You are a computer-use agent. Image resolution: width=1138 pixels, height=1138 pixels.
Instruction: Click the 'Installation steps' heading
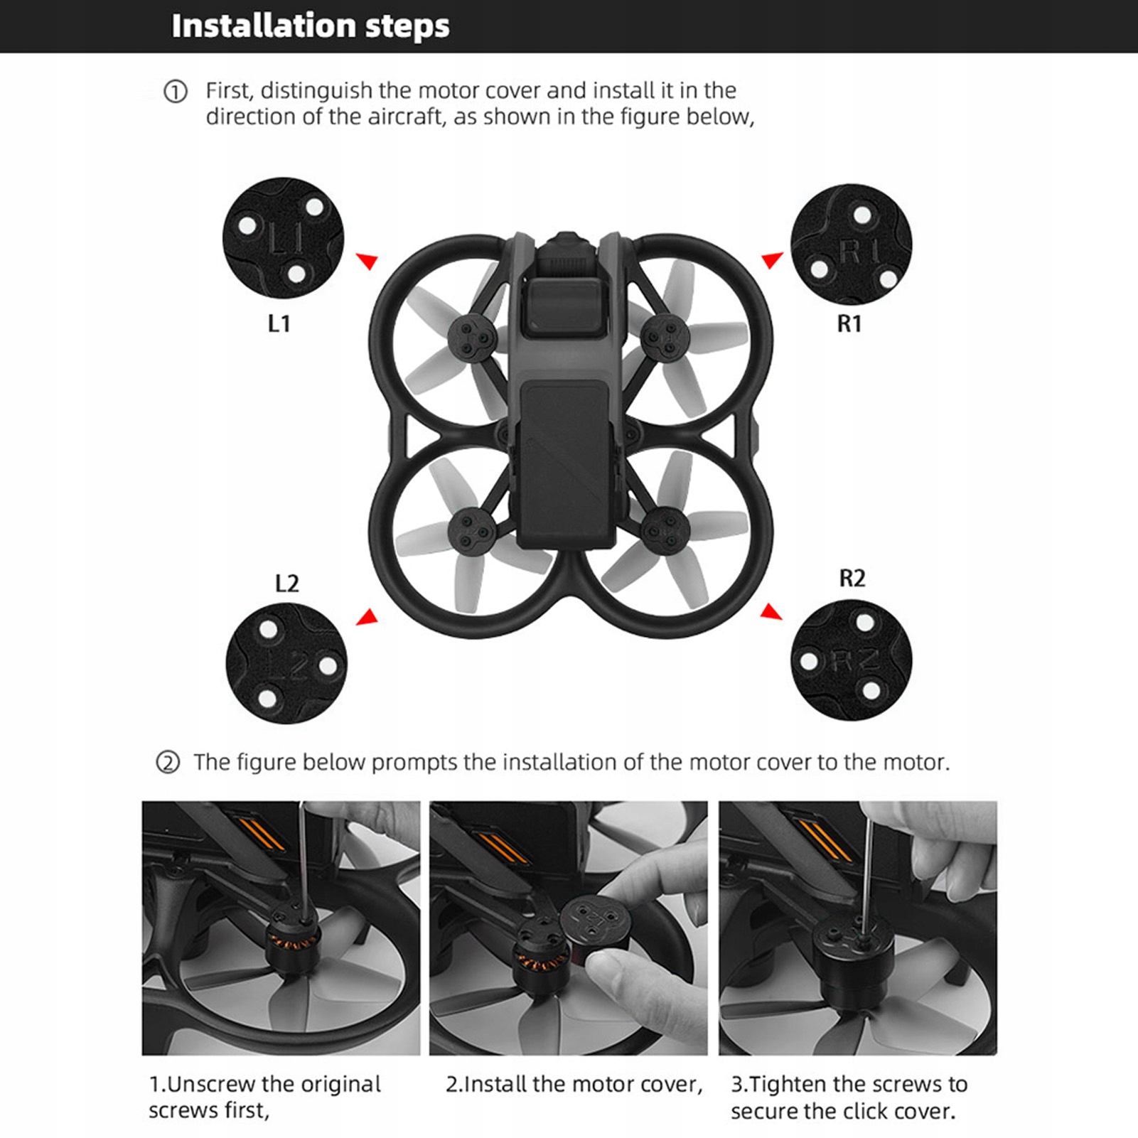pyautogui.click(x=311, y=26)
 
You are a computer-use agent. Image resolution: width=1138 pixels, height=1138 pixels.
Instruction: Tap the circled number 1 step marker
pyautogui.click(x=176, y=92)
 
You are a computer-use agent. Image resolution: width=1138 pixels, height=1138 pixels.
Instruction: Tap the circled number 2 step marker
pyautogui.click(x=168, y=763)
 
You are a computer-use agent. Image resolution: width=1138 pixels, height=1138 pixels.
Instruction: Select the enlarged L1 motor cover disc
pyautogui.click(x=283, y=238)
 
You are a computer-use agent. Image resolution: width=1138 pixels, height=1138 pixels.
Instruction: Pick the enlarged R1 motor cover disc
pyautogui.click(x=851, y=244)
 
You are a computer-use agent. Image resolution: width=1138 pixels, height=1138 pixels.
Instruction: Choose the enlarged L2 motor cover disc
pyautogui.click(x=286, y=663)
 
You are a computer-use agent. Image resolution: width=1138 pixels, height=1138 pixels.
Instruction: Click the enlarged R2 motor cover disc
pyautogui.click(x=851, y=660)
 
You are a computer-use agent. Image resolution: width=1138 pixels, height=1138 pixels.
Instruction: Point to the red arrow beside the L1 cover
pyautogui.click(x=367, y=261)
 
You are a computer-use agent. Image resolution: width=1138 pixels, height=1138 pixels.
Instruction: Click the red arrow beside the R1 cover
pyautogui.click(x=772, y=260)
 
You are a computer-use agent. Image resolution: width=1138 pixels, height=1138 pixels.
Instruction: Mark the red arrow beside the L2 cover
pyautogui.click(x=367, y=617)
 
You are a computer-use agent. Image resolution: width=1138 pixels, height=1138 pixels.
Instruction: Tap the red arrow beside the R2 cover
pyautogui.click(x=771, y=611)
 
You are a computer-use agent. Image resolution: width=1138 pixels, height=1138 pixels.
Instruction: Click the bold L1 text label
pyautogui.click(x=279, y=324)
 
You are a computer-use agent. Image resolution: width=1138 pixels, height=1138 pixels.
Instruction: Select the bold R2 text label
pyautogui.click(x=852, y=579)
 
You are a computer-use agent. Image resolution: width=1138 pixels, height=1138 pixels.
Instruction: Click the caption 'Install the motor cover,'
pyautogui.click(x=574, y=1084)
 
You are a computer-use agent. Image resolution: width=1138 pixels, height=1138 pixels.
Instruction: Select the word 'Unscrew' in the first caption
pyautogui.click(x=210, y=1084)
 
